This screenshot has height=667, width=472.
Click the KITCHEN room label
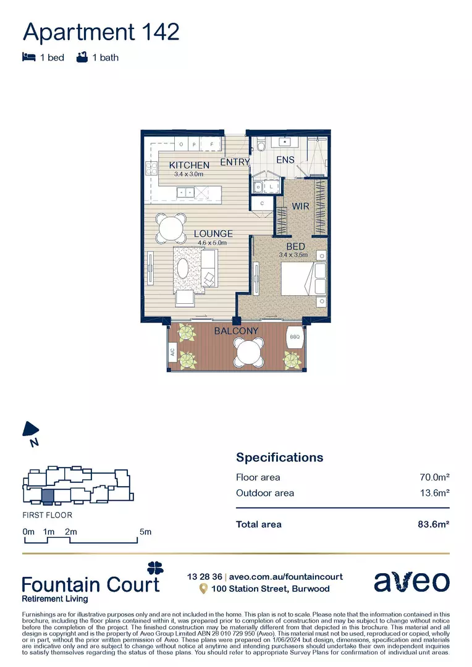pos(189,165)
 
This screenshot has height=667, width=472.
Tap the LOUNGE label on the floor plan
pos(213,233)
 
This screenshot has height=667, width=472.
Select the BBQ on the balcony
pos(295,338)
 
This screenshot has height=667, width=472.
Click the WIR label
pos(300,207)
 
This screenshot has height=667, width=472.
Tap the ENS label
pos(285,160)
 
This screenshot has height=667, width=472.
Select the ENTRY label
pos(235,162)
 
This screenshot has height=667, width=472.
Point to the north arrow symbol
pos(31,431)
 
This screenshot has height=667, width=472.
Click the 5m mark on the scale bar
pos(145,532)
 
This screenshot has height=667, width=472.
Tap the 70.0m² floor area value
pos(434,477)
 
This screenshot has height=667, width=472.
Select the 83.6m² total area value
pos(432,524)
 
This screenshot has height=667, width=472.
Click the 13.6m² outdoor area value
pos(434,493)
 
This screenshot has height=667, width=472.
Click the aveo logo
pos(411,582)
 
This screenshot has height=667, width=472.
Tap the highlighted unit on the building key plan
pos(47,495)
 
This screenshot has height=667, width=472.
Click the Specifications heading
pos(279,458)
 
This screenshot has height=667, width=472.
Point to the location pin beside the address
pos(203,589)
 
